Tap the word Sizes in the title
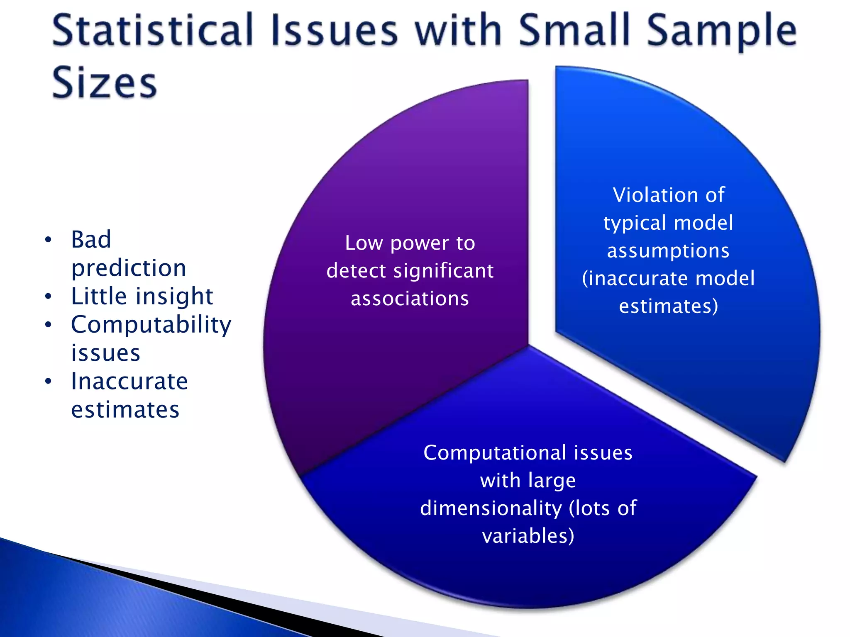pos(105,83)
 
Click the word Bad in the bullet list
pos(91,240)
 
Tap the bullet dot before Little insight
pos(49,297)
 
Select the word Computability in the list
pos(151,325)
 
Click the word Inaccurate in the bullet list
pos(129,382)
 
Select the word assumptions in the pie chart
pos(668,251)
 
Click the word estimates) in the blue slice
pos(668,306)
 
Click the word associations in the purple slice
pos(410,299)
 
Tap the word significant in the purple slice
pos(443,271)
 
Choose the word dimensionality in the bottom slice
pos(491,508)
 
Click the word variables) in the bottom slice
pos(528,536)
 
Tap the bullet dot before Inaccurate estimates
pos(49,381)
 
